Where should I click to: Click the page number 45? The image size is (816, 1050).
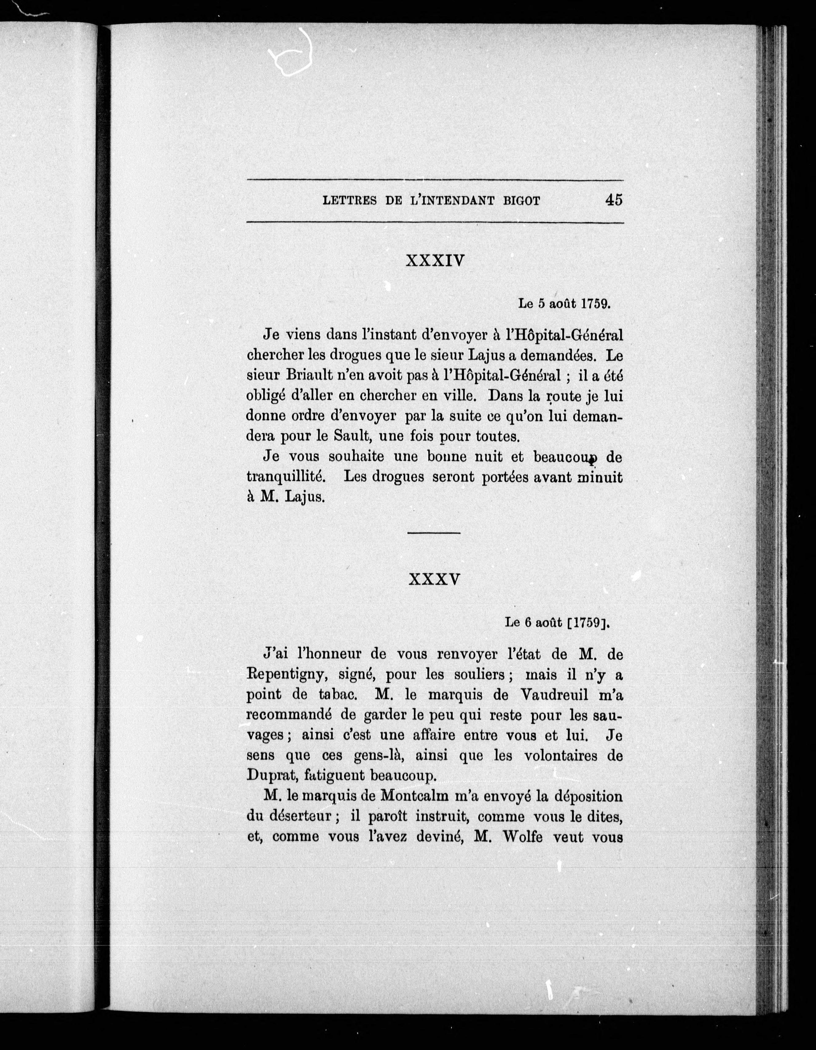coord(614,199)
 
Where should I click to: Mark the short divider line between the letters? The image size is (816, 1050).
coord(434,533)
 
